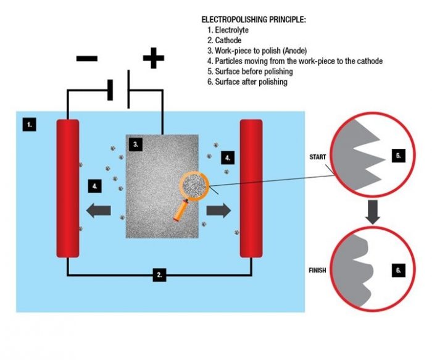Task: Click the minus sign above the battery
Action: [x=87, y=59]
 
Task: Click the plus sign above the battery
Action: [x=153, y=59]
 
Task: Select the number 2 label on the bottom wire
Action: [x=159, y=275]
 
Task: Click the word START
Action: [x=317, y=157]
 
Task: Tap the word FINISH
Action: [x=317, y=270]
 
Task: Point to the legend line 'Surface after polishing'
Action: [x=250, y=82]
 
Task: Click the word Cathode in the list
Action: [x=228, y=40]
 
